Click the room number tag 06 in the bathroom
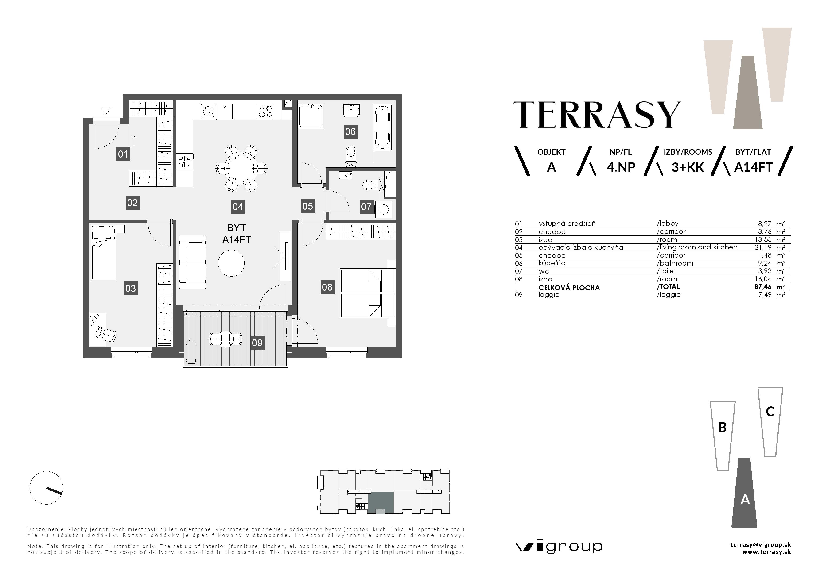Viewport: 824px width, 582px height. pyautogui.click(x=350, y=132)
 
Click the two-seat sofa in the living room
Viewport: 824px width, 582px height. pyautogui.click(x=192, y=262)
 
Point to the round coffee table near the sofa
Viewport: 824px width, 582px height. pyautogui.click(x=231, y=263)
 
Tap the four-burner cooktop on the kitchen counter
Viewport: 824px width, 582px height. pyautogui.click(x=266, y=111)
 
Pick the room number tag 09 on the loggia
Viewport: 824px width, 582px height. pyautogui.click(x=257, y=343)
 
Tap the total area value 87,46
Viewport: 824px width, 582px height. pyautogui.click(x=763, y=287)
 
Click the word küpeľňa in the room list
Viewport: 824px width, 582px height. pyautogui.click(x=552, y=263)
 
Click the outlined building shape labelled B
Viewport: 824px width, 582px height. pyautogui.click(x=723, y=436)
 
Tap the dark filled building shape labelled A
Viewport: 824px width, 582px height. pyautogui.click(x=745, y=493)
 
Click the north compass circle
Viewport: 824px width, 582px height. pyautogui.click(x=46, y=488)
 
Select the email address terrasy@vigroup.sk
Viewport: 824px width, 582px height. pyautogui.click(x=761, y=545)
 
